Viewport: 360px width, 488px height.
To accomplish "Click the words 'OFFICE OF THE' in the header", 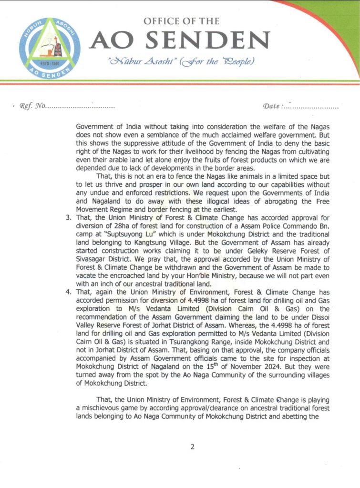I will click(x=181, y=21).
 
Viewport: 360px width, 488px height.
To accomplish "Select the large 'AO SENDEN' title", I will click(x=181, y=41).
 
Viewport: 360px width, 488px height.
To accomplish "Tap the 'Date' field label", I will click(x=272, y=106).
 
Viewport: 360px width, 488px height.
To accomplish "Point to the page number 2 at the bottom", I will click(x=192, y=447).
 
